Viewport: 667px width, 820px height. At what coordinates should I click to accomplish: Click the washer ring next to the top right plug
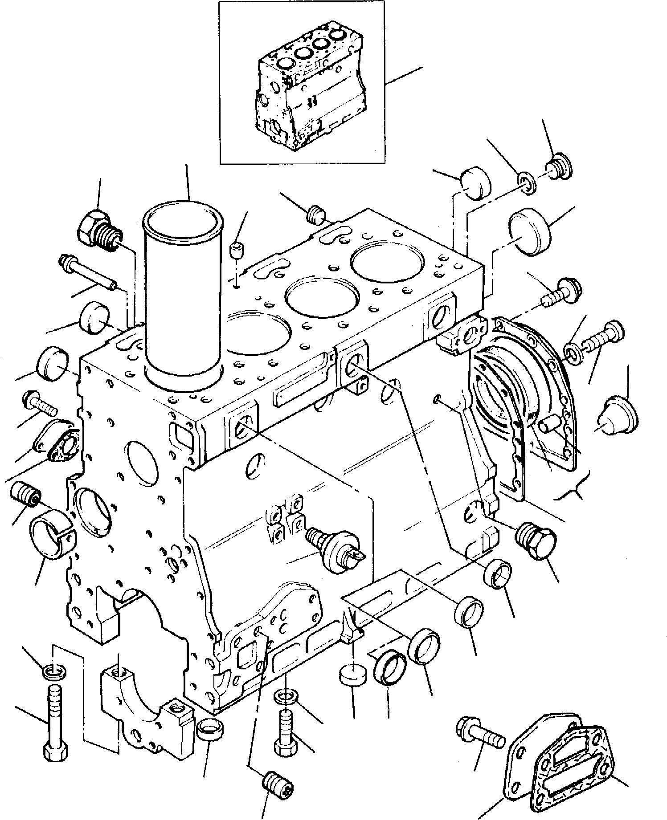528,183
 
